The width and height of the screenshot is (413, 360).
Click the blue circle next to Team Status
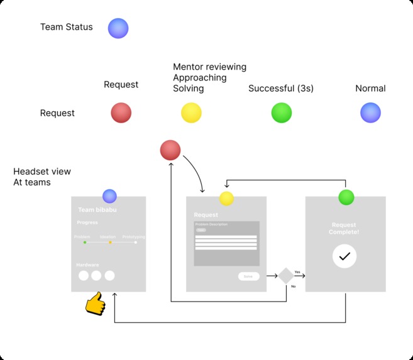click(x=118, y=28)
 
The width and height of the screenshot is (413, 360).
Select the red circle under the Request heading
click(x=121, y=113)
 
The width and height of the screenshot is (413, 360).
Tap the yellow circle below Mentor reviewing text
click(x=191, y=113)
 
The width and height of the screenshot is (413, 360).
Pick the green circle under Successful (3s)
click(x=281, y=113)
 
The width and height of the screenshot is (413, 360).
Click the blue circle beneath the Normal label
click(x=370, y=113)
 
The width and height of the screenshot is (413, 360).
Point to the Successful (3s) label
click(x=281, y=89)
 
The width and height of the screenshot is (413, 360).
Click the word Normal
click(x=370, y=89)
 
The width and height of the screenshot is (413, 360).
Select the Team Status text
click(x=66, y=27)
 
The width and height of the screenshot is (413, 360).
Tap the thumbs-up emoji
click(x=95, y=303)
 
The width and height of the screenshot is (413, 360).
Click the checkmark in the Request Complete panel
click(x=344, y=256)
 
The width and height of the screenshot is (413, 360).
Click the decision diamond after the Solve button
click(x=286, y=276)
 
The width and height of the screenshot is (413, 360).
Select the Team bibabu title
click(x=97, y=210)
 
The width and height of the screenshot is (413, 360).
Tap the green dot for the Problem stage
click(x=84, y=242)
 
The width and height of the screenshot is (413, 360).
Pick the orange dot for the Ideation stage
click(x=110, y=242)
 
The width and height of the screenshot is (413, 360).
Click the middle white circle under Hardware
click(x=96, y=275)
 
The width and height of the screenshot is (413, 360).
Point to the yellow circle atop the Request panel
click(x=226, y=199)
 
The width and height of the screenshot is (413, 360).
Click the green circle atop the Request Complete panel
click(x=346, y=197)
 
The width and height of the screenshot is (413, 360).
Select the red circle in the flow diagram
click(x=170, y=150)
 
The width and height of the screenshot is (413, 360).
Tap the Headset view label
click(x=42, y=172)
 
